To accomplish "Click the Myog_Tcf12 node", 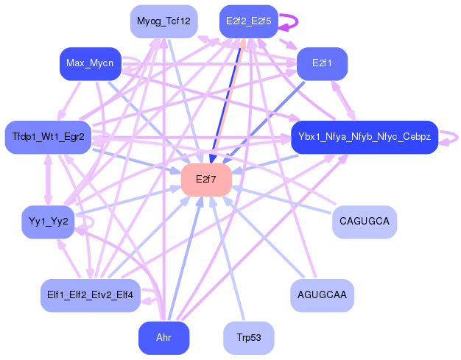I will tap(163, 21).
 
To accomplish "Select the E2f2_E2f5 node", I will tap(247, 21).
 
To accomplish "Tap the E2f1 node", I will tap(322, 63).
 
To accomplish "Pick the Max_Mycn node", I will tap(90, 63).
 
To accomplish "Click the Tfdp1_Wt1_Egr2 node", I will tap(48, 137).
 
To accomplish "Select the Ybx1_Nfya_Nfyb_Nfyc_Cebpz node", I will tap(365, 137).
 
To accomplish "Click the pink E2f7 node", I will tap(206, 180).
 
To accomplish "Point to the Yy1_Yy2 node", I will tap(48, 222).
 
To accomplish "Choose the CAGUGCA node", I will tap(365, 222).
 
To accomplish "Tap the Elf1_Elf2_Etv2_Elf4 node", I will tap(90, 295).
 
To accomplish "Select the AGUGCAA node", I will tap(322, 295).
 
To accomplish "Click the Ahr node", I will tap(163, 338).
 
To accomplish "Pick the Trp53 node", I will tap(248, 338).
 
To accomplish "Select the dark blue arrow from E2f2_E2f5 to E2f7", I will tap(228, 96).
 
